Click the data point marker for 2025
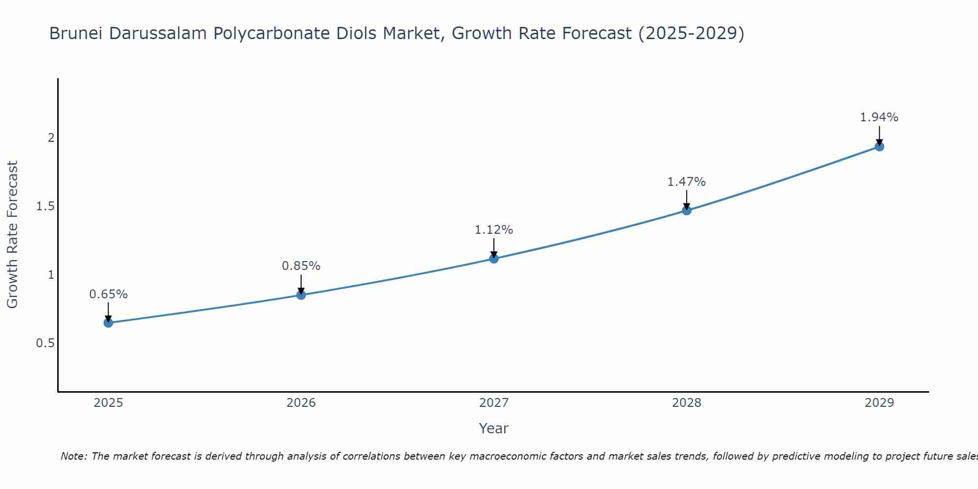pyautogui.click(x=109, y=323)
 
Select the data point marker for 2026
pyautogui.click(x=301, y=295)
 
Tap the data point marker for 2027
pyautogui.click(x=494, y=258)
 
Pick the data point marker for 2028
pyautogui.click(x=687, y=210)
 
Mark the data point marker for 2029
pyautogui.click(x=879, y=146)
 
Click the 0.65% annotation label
pyautogui.click(x=109, y=294)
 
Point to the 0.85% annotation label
pyautogui.click(x=301, y=266)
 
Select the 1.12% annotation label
pyautogui.click(x=494, y=230)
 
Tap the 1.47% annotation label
pyautogui.click(x=687, y=182)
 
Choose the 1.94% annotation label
pyautogui.click(x=879, y=117)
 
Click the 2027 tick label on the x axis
pyautogui.click(x=494, y=403)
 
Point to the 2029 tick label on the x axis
pyautogui.click(x=879, y=403)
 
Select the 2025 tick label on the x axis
pyautogui.click(x=109, y=403)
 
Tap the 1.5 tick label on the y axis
pyautogui.click(x=45, y=206)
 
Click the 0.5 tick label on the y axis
pyautogui.click(x=45, y=343)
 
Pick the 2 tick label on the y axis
pyautogui.click(x=51, y=138)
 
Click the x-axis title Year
pyautogui.click(x=494, y=428)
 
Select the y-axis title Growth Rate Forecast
pyautogui.click(x=13, y=235)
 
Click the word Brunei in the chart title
pyautogui.click(x=76, y=33)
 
